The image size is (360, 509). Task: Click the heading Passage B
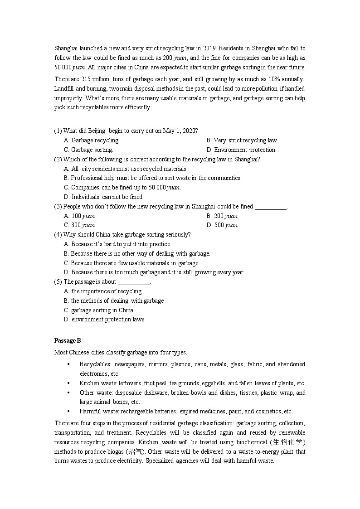pyautogui.click(x=68, y=340)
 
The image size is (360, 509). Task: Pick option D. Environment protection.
pyautogui.click(x=241, y=150)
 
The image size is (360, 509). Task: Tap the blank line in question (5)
pyautogui.click(x=133, y=282)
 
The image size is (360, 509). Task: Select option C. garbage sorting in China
pyautogui.click(x=99, y=310)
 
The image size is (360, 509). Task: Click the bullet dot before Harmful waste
pyautogui.click(x=68, y=412)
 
